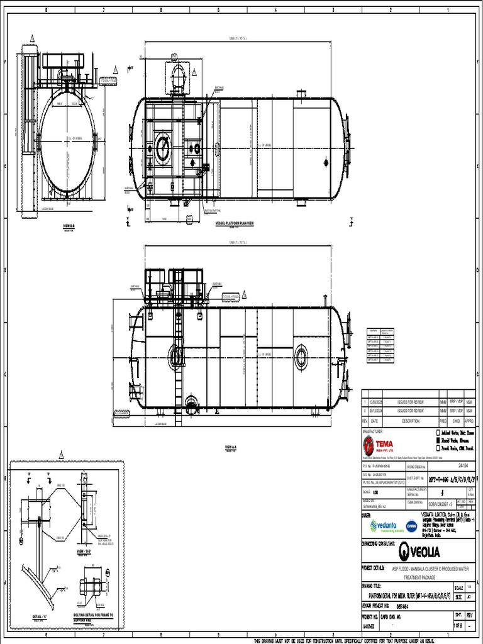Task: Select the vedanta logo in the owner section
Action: pos(382,525)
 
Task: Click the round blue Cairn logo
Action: pos(411,526)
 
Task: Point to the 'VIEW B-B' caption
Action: pos(69,225)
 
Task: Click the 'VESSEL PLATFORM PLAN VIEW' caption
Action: pos(234,223)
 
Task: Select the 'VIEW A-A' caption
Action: pos(230,447)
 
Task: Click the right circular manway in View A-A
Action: pos(302,357)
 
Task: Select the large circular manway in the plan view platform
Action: pos(163,149)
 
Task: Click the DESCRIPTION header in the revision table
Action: pos(410,421)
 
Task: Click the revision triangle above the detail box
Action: pos(62,454)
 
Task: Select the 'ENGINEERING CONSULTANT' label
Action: pos(382,543)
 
